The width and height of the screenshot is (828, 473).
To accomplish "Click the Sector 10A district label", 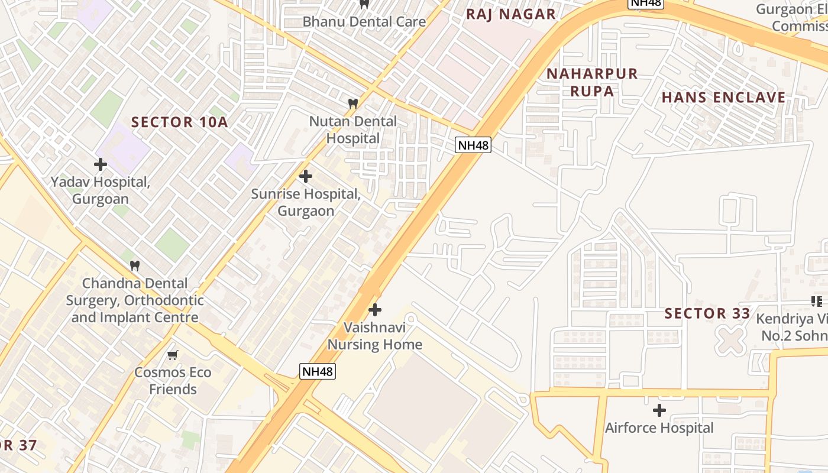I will pos(179,122).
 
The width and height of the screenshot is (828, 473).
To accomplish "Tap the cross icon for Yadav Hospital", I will pos(101,164).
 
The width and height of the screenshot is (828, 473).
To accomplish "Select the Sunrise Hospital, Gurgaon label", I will pos(306,202).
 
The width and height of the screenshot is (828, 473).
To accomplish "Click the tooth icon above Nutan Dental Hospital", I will pos(353,103).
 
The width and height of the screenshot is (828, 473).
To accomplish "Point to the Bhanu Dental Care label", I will pos(364,22).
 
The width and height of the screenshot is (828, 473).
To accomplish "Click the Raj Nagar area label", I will pos(511,14).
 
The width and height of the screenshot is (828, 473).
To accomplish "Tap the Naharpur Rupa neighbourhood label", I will pos(592,82).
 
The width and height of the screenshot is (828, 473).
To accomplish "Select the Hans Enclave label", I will pos(723,98).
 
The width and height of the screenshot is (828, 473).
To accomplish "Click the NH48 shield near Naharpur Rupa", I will pos(473,145).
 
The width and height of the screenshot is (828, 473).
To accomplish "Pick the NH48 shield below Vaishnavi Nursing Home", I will pos(318,371).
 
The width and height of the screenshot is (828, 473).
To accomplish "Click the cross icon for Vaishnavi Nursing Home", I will pos(375,310).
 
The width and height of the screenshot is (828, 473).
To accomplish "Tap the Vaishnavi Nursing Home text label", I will pos(375,336).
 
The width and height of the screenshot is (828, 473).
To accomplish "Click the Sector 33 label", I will pos(707,313).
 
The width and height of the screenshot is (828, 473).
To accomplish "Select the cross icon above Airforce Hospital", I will pos(659,410).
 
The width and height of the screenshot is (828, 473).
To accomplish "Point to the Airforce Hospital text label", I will pos(659,427).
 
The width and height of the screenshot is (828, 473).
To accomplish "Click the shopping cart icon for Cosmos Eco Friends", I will pos(172,355).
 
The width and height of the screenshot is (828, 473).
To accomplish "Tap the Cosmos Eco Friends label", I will pos(173,381).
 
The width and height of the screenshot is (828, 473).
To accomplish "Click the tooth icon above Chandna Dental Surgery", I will pos(135,266).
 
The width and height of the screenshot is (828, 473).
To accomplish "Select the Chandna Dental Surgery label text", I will pos(135,300).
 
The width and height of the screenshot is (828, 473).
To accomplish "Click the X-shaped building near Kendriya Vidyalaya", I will pos(731,341).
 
